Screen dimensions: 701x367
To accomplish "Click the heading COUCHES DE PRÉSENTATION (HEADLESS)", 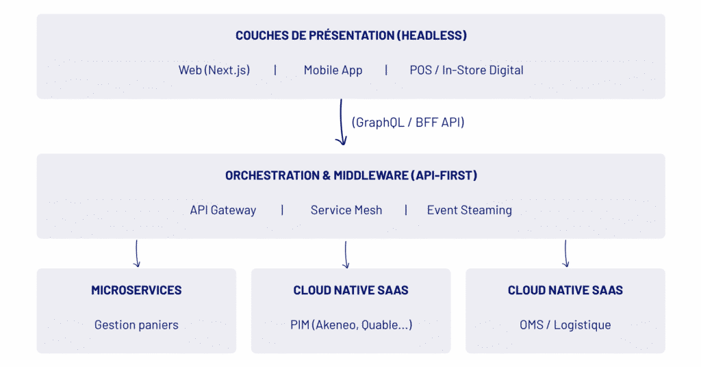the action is pyautogui.click(x=351, y=36).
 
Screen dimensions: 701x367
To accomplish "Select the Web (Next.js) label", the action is pyautogui.click(x=214, y=70).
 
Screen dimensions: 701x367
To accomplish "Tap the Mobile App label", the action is pyautogui.click(x=333, y=70).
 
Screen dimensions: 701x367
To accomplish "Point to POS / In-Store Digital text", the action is pyautogui.click(x=466, y=70).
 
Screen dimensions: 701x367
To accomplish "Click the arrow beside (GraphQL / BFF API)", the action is pyautogui.click(x=341, y=122).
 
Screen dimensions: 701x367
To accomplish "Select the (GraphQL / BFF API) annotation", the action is pyautogui.click(x=408, y=122).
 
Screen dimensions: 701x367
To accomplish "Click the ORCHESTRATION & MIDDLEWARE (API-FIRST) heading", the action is pyautogui.click(x=351, y=175).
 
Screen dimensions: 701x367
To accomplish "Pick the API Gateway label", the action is pyautogui.click(x=222, y=210).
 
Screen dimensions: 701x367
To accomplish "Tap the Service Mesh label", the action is pyautogui.click(x=346, y=210).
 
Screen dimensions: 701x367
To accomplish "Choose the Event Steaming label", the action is pyautogui.click(x=470, y=210).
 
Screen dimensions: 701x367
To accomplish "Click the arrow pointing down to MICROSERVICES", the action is pyautogui.click(x=137, y=253).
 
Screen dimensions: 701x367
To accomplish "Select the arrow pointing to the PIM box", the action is pyautogui.click(x=346, y=255).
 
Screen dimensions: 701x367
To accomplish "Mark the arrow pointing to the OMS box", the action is pyautogui.click(x=565, y=253).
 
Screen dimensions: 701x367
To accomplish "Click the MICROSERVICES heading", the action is pyautogui.click(x=136, y=290).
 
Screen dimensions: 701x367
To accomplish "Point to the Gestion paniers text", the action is pyautogui.click(x=136, y=325).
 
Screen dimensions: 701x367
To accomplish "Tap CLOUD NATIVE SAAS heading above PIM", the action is pyautogui.click(x=351, y=290).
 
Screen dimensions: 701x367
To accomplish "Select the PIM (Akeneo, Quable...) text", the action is pyautogui.click(x=351, y=325).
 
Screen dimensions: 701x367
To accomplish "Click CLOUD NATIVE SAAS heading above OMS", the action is pyautogui.click(x=565, y=290).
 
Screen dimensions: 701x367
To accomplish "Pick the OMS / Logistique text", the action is pyautogui.click(x=565, y=325).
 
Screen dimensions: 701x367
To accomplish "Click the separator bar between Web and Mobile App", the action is pyautogui.click(x=275, y=70).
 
